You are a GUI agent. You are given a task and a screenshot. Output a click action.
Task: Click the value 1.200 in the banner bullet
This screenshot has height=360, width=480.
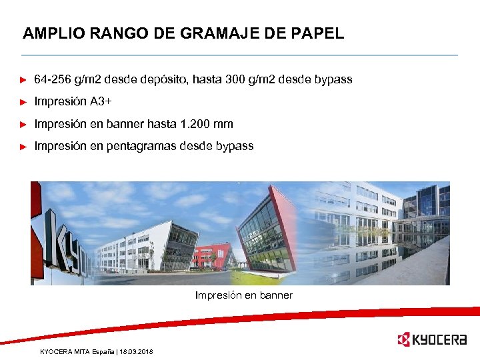point(195,124)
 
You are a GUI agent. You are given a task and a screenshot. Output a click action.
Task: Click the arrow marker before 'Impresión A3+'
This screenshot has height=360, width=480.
point(24,103)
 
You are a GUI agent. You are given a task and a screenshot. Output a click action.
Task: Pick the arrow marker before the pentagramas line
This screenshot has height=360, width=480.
point(24,147)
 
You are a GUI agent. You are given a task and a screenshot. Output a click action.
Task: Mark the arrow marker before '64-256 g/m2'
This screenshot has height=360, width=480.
point(24,81)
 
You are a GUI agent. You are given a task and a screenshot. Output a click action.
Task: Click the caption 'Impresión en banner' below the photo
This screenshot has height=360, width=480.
point(243,295)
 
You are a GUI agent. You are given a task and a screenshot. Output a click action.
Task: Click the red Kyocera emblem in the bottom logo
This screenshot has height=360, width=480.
point(403,340)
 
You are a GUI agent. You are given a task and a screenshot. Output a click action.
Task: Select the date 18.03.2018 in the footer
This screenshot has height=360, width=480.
point(136,351)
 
